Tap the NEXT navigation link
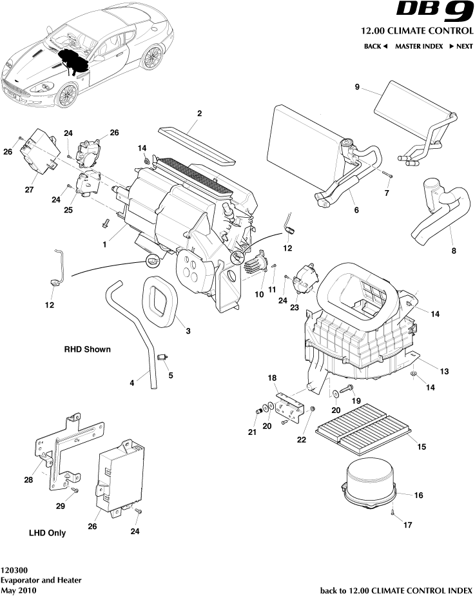click(461, 46)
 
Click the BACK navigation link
click(375, 46)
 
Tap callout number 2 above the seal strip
click(199, 113)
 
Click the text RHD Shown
click(87, 349)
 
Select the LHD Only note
click(47, 534)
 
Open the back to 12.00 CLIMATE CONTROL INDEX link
click(396, 590)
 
